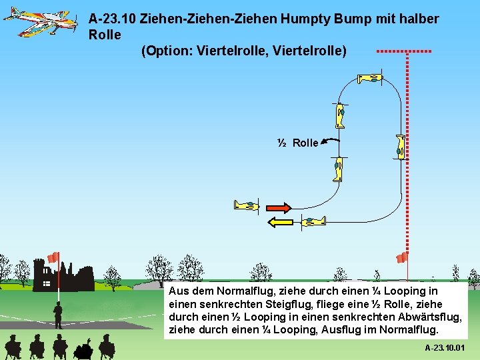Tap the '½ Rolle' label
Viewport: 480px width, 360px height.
coord(298,143)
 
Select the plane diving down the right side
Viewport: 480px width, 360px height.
coord(400,147)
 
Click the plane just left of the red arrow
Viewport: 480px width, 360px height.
coord(246,205)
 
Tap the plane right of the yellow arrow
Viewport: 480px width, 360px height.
coord(312,221)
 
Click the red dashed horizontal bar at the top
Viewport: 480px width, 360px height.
coord(404,51)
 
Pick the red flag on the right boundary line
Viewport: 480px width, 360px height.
coord(401,257)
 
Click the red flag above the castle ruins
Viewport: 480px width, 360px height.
coord(53,257)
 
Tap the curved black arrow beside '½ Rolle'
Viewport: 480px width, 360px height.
coord(331,141)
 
